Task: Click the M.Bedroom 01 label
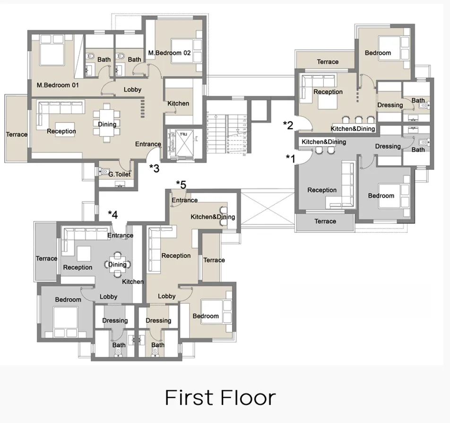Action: (x=57, y=86)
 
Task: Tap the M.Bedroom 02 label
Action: (x=169, y=53)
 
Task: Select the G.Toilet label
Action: (x=119, y=174)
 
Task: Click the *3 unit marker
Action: (x=154, y=167)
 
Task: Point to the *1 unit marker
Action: (x=290, y=158)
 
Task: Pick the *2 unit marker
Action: (x=288, y=125)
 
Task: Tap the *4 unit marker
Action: (x=112, y=214)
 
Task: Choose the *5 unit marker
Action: (x=181, y=184)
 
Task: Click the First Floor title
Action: (x=220, y=398)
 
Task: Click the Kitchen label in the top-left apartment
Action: (x=178, y=103)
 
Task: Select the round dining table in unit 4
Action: (x=117, y=265)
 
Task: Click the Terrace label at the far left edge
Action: (x=17, y=134)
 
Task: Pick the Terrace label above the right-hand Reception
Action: (x=328, y=62)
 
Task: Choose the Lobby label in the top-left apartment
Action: (x=132, y=89)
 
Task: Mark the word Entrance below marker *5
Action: (x=184, y=200)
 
